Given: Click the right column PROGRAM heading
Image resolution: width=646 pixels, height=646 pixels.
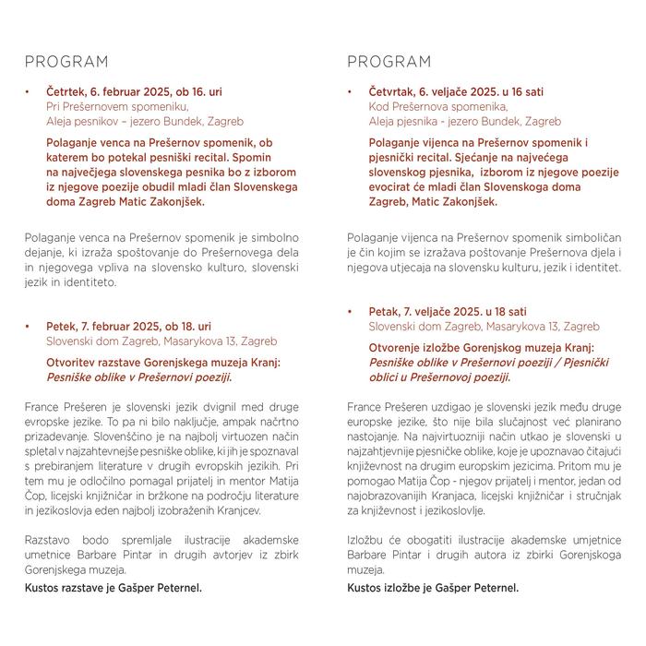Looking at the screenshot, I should coord(389,63).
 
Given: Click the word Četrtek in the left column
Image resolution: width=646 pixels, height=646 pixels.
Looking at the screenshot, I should coord(66,93).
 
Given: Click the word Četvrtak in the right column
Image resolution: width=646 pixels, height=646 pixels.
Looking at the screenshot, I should coord(392,93).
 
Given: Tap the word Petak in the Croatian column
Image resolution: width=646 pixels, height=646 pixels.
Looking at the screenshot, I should coord(384,313).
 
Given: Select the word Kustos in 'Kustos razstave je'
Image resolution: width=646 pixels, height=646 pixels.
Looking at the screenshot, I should coord(43,587).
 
